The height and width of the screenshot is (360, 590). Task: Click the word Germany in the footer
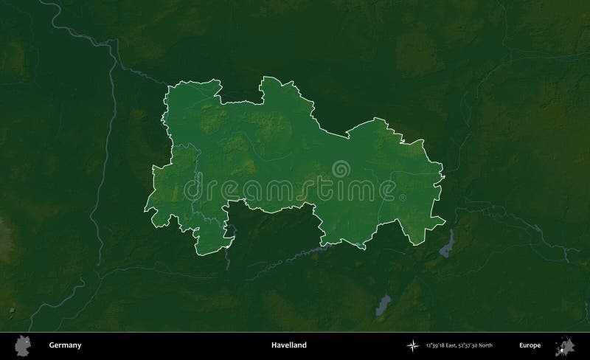(65, 345)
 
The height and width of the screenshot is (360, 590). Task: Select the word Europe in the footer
(530, 345)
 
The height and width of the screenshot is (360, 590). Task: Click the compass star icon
(413, 345)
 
